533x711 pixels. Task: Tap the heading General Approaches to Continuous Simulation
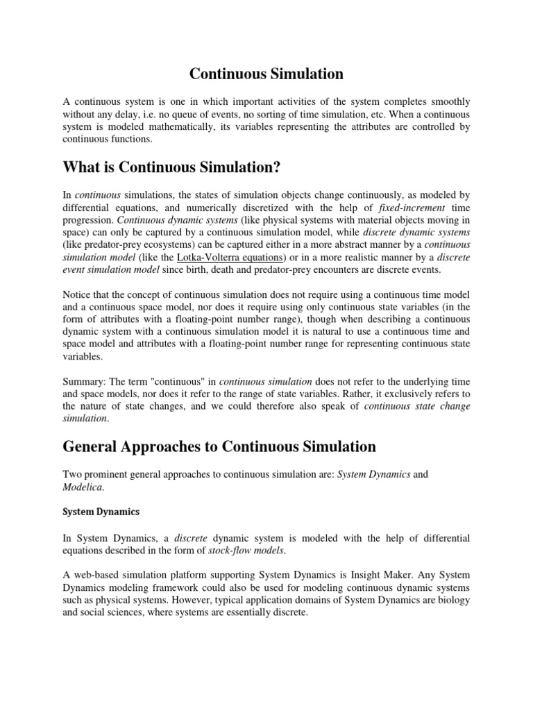click(x=219, y=446)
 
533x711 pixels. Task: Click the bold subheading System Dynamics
click(x=101, y=512)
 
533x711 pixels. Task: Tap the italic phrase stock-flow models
click(x=251, y=551)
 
